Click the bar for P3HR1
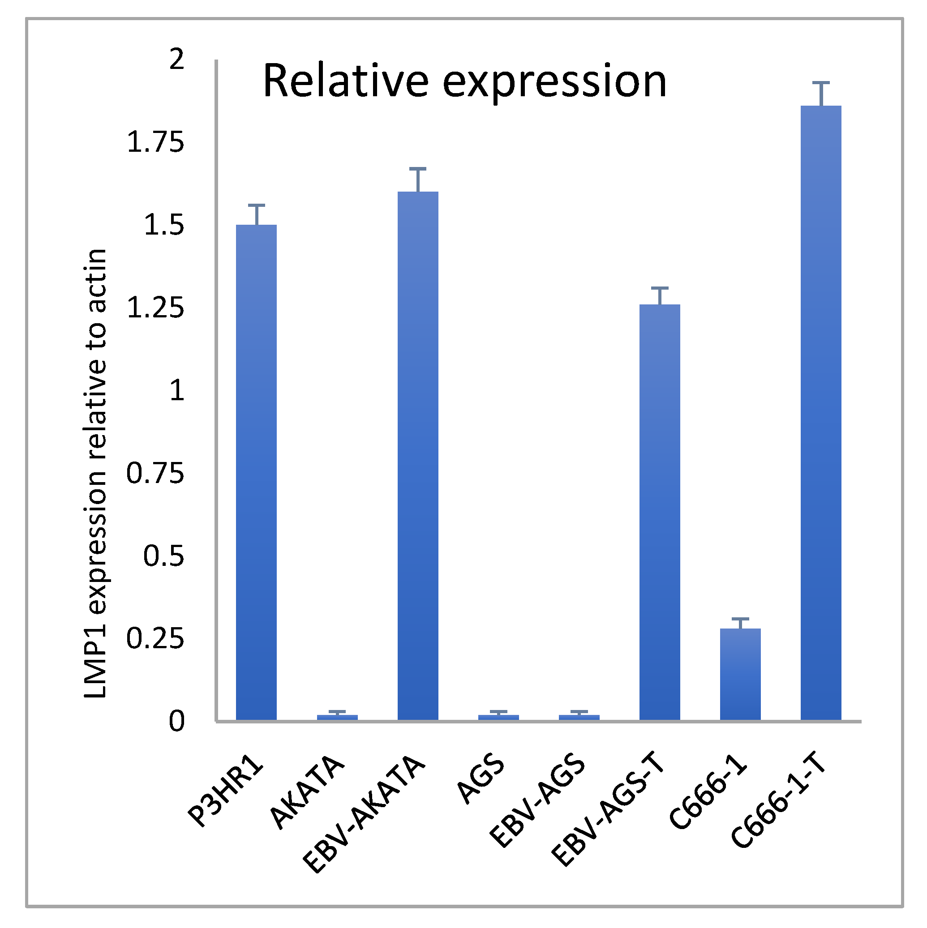[x=256, y=473]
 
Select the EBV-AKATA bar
[x=418, y=456]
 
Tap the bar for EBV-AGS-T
[x=659, y=513]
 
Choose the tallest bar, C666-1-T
[x=821, y=413]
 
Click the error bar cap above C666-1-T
[x=821, y=84]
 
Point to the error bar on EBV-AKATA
[x=418, y=180]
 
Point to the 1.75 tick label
[x=155, y=143]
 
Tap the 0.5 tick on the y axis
[x=164, y=556]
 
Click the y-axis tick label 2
[x=177, y=60]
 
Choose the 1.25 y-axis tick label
[x=155, y=308]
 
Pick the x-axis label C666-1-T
[x=778, y=807]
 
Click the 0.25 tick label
[x=155, y=639]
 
